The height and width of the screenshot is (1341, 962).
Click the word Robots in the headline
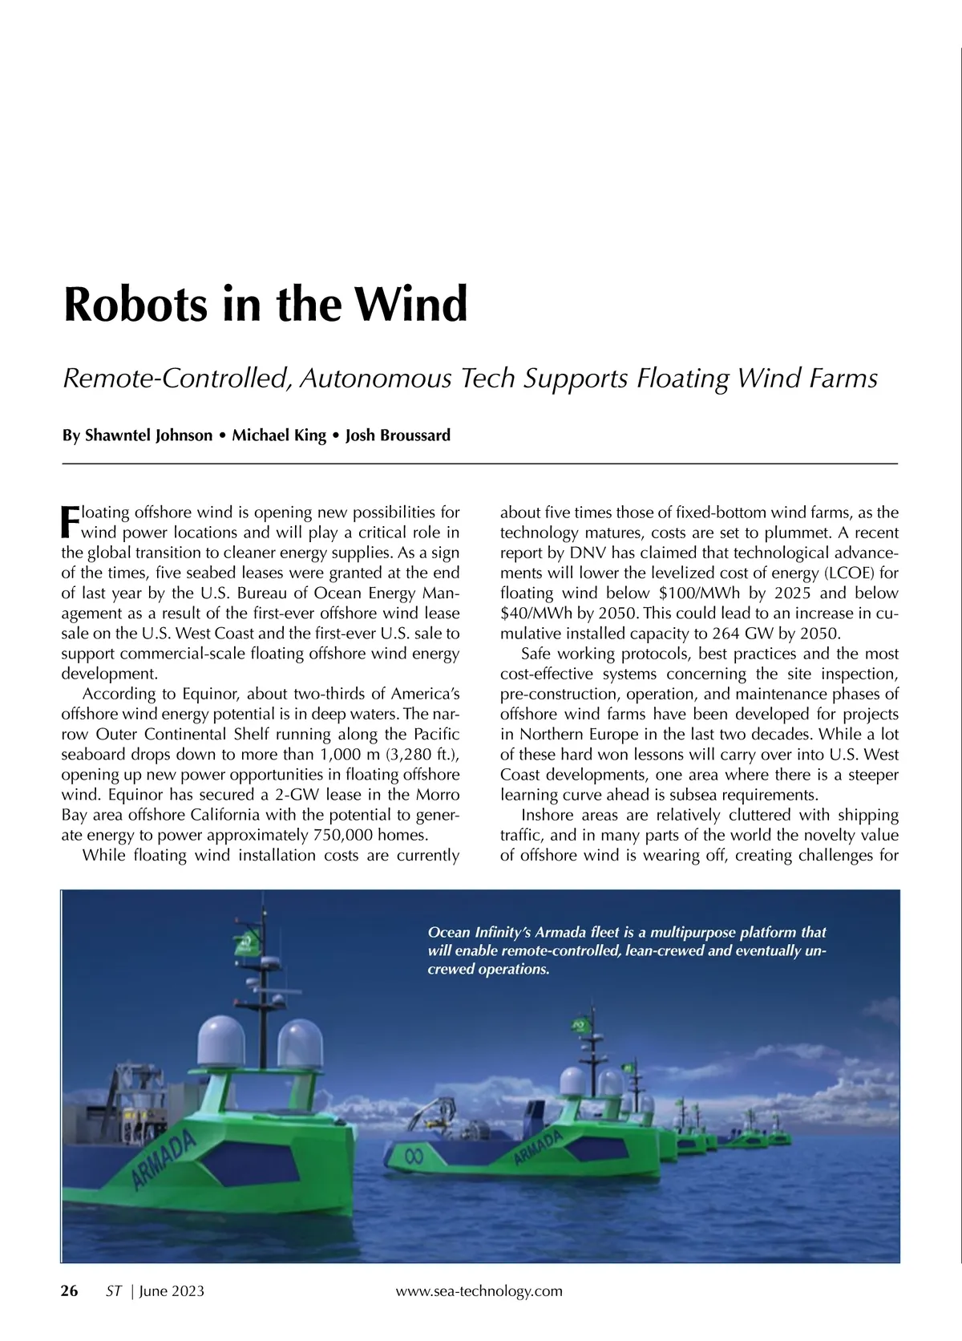pos(134,305)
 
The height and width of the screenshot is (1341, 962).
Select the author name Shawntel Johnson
pos(148,436)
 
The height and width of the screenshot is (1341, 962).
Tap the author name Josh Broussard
pos(398,436)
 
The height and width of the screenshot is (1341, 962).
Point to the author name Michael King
pos(279,436)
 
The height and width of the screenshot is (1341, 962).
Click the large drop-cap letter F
pos(71,522)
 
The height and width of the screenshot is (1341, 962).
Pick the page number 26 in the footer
pos(70,1290)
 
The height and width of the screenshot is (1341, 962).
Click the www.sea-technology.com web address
pos(479,1290)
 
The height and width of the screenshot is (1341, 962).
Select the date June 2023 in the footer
pos(172,1290)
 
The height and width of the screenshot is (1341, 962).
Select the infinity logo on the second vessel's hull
pos(413,1156)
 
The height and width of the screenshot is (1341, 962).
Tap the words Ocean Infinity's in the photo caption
pos(479,933)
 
